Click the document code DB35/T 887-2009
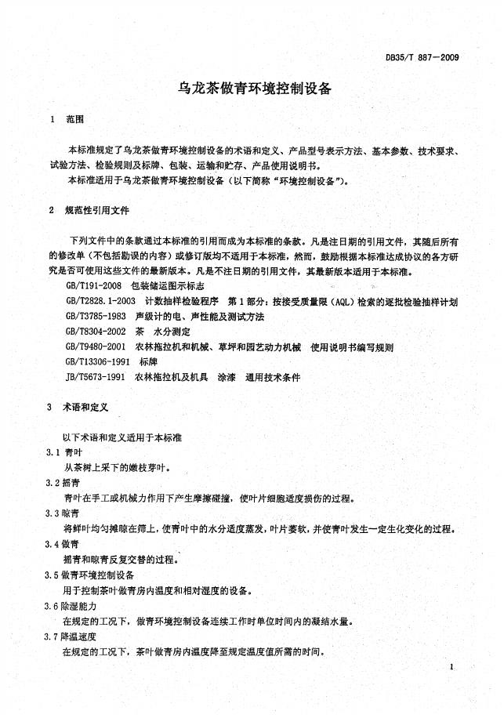[422, 57]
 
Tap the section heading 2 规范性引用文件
[91, 211]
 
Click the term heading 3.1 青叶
[62, 454]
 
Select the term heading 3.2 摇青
[62, 483]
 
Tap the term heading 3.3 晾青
[62, 513]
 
